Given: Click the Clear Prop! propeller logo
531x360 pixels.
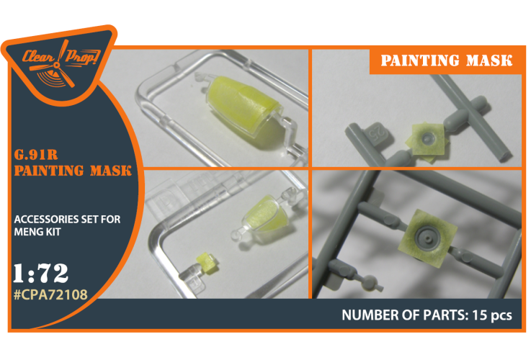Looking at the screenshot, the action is [61, 64].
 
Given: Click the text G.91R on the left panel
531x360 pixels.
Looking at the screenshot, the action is [36, 155].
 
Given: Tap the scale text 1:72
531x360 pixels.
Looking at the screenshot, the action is [40, 273].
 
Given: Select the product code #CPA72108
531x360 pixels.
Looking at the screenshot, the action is [50, 294].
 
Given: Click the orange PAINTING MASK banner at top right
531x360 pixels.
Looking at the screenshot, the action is [446, 60].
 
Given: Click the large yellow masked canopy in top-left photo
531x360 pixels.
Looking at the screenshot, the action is [242, 106].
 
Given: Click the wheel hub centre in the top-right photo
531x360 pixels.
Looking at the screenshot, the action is [428, 138].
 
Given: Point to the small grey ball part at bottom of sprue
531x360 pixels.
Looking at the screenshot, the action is [370, 282].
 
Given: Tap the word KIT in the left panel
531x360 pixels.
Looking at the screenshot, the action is [53, 232].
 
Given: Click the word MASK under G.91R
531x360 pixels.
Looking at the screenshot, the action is [110, 171].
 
